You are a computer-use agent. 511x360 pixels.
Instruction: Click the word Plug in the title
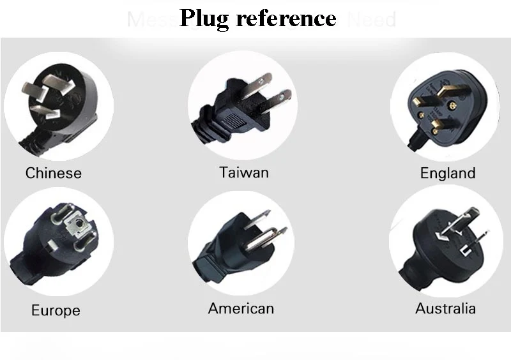204,18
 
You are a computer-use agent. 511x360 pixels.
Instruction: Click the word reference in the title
286,18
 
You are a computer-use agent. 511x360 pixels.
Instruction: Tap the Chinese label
54,173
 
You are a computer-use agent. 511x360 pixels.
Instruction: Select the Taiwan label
244,172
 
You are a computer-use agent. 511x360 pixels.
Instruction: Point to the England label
448,173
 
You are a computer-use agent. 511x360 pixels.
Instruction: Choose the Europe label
56,311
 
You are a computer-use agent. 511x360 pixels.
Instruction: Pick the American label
241,308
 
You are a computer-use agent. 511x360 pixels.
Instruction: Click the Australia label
445,308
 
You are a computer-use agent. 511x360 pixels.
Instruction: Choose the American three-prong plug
240,246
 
